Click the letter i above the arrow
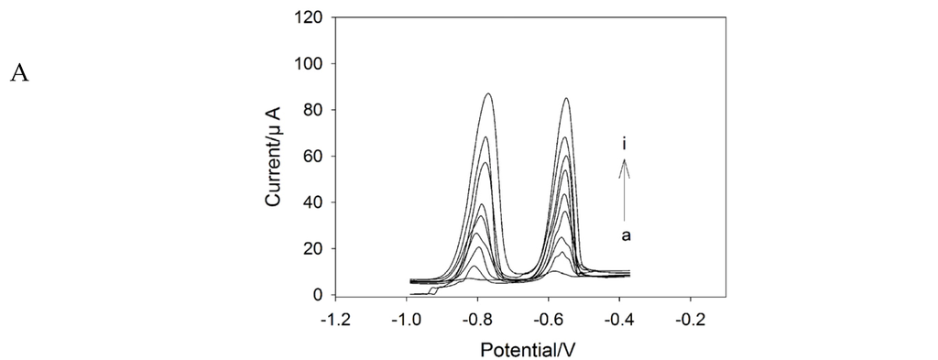click(x=625, y=144)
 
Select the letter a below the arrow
click(x=626, y=235)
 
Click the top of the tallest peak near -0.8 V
click(x=488, y=93)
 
